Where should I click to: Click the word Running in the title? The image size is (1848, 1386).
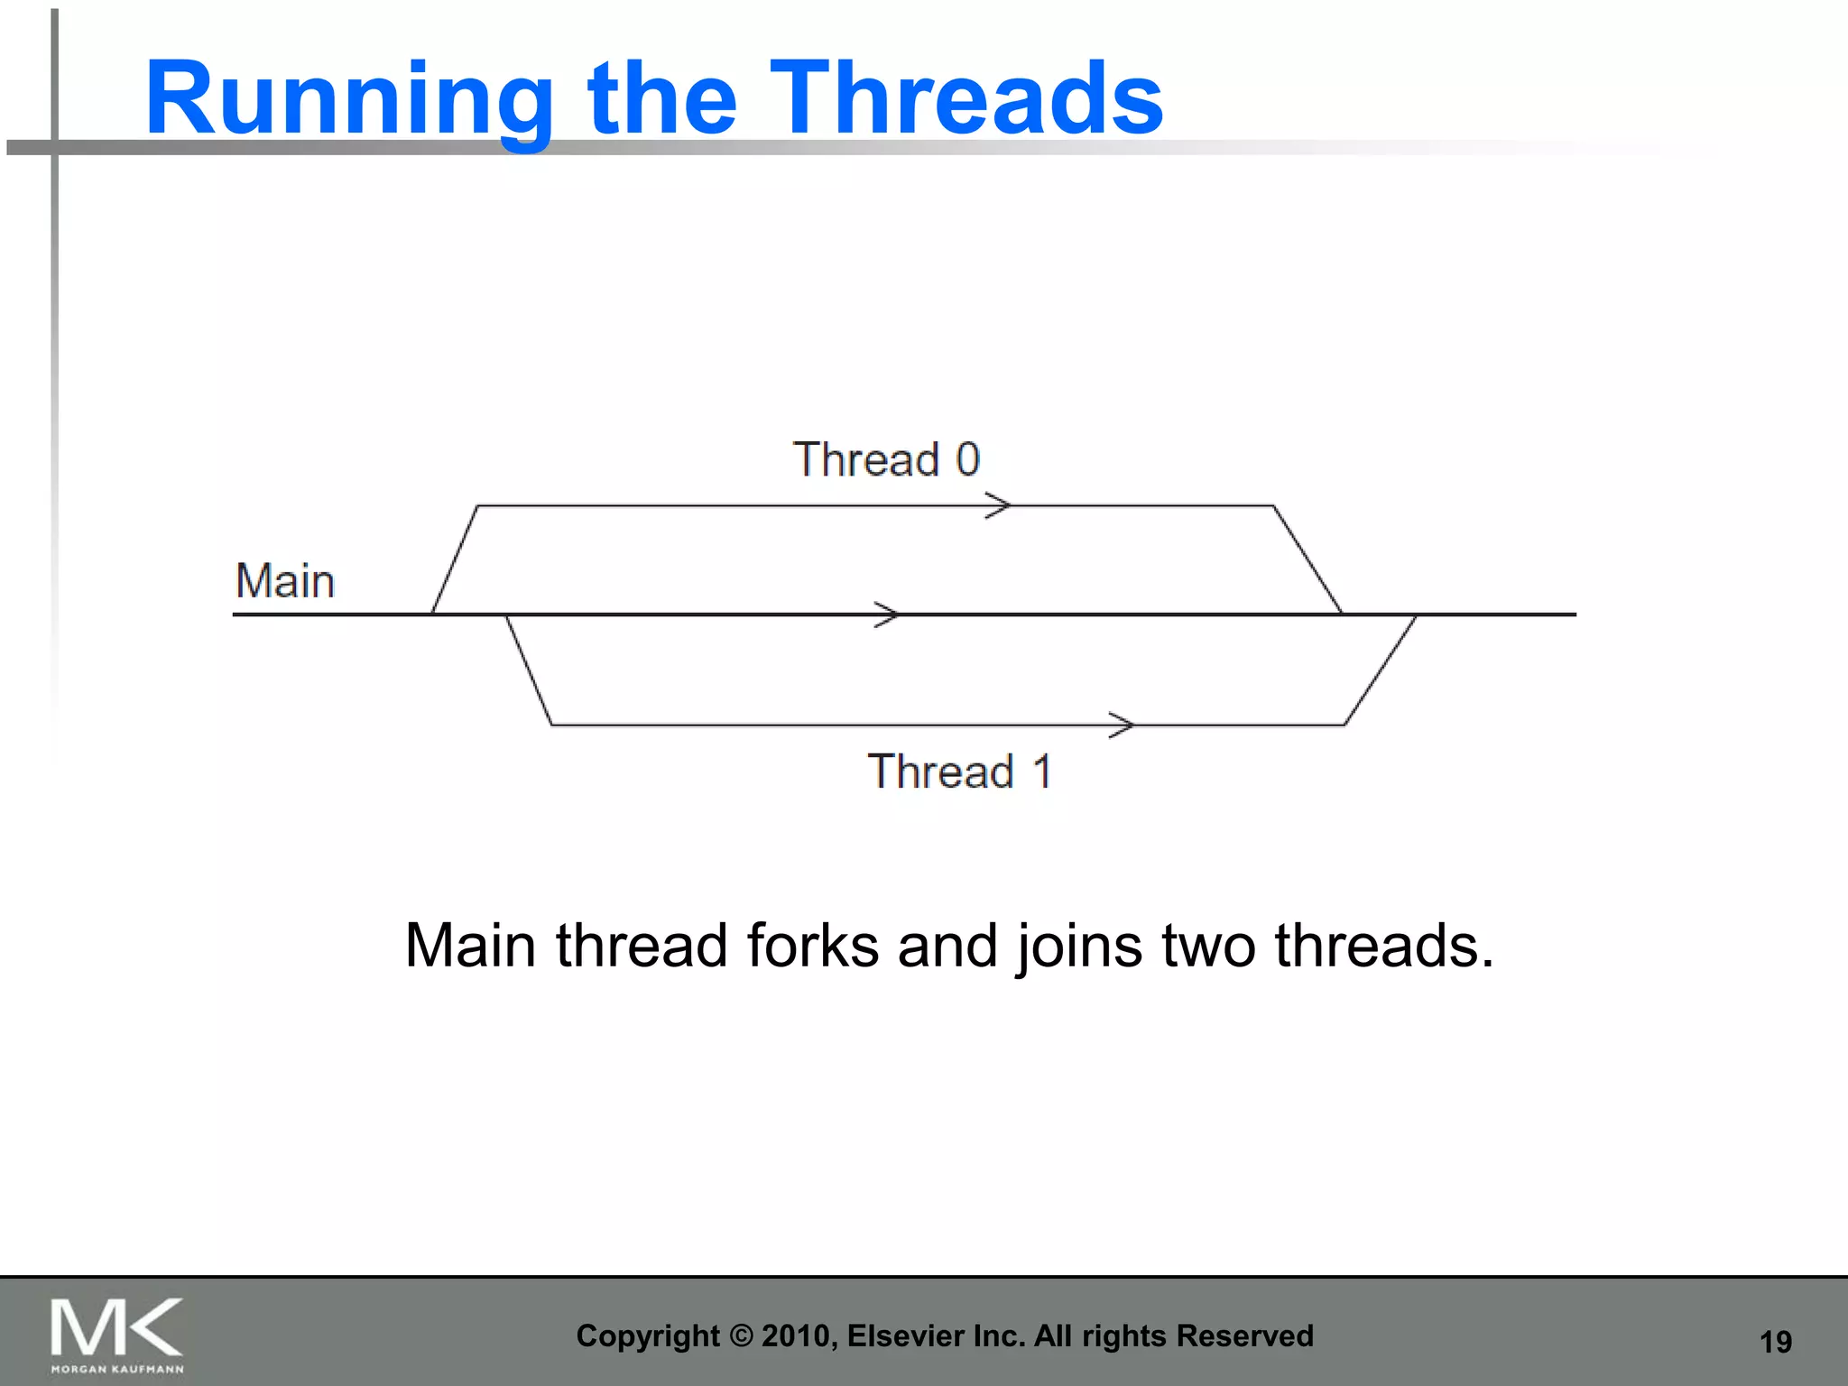coord(348,99)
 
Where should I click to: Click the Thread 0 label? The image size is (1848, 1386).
coord(886,459)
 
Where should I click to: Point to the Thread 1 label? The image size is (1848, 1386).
coord(960,772)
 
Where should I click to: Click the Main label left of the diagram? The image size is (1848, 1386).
coord(285,581)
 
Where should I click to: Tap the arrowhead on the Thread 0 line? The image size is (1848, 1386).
coord(998,505)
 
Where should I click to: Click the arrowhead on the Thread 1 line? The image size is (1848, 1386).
coord(1122,725)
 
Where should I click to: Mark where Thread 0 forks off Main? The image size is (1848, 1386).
coord(433,614)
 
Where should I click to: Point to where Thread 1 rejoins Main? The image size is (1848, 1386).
coord(1414,615)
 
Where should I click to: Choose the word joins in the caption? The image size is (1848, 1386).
coord(1079,947)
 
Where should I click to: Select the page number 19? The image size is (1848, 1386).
coord(1775,1342)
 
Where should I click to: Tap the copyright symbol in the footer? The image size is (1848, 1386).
coord(740,1335)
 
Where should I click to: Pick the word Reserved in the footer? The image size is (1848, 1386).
coord(1244,1335)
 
